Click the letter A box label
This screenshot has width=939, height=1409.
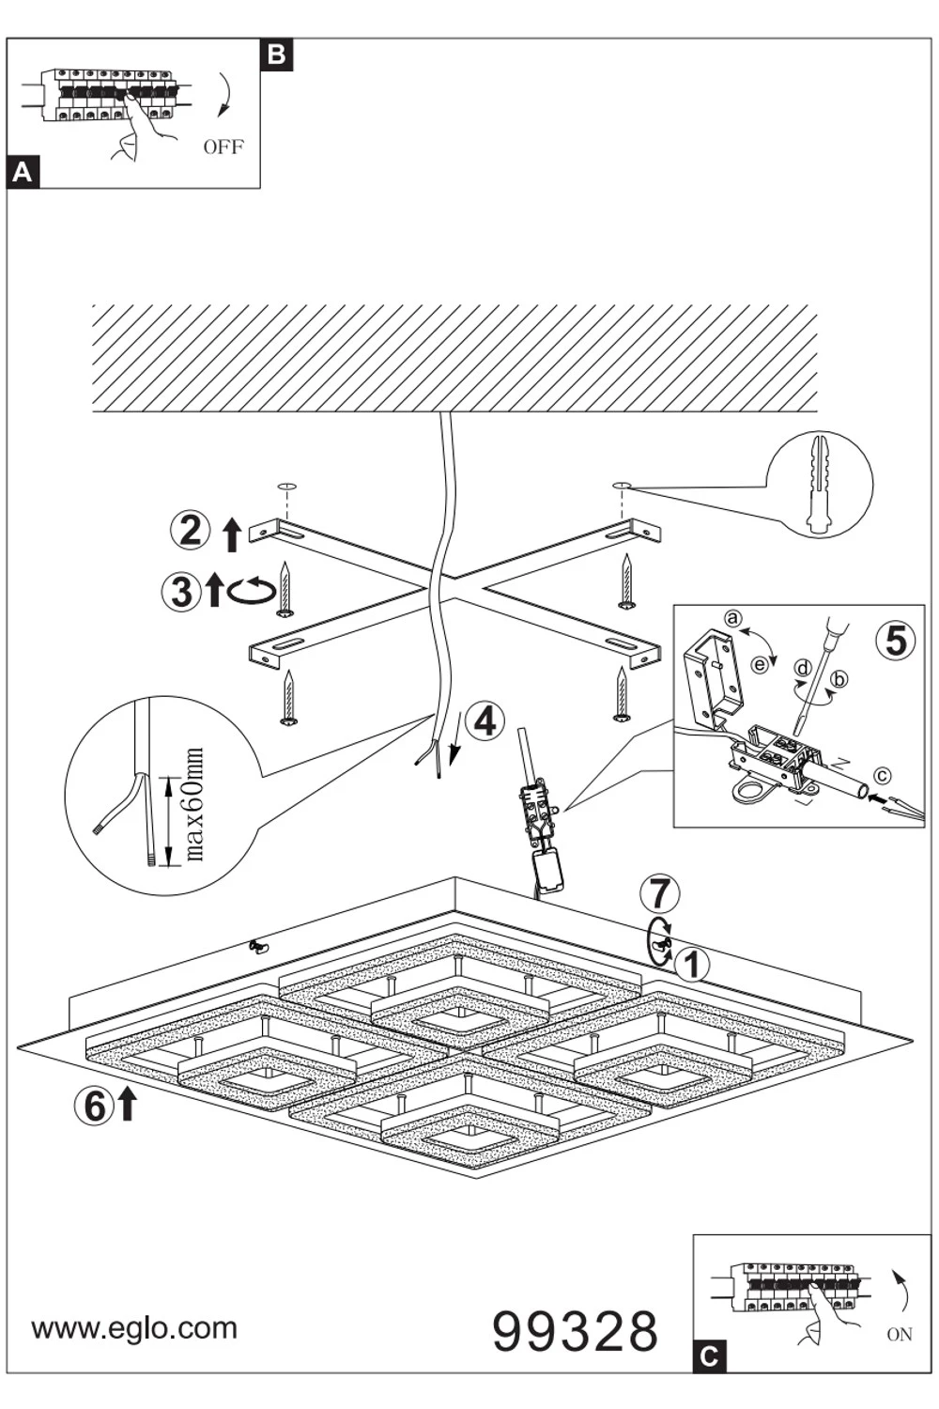tap(23, 173)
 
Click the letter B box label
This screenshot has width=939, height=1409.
tap(277, 54)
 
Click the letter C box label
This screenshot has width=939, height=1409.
tap(710, 1356)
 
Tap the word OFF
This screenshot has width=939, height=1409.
tap(223, 147)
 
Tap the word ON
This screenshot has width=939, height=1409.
tap(899, 1334)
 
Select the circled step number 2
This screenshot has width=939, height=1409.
tap(190, 531)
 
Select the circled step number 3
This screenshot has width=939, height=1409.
tap(180, 592)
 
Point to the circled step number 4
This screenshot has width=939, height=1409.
tap(485, 721)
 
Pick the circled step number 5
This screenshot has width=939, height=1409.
tap(895, 640)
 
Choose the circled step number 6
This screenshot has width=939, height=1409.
tap(95, 1106)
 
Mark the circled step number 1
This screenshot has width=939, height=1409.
tap(692, 964)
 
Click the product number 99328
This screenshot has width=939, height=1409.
tap(575, 1331)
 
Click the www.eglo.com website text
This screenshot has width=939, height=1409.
tap(134, 1328)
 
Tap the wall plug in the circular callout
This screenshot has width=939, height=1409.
tap(819, 485)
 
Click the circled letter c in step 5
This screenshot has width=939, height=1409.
tap(880, 776)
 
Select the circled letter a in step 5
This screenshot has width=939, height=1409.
tap(733, 617)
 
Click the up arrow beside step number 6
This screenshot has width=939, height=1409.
tap(126, 1105)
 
